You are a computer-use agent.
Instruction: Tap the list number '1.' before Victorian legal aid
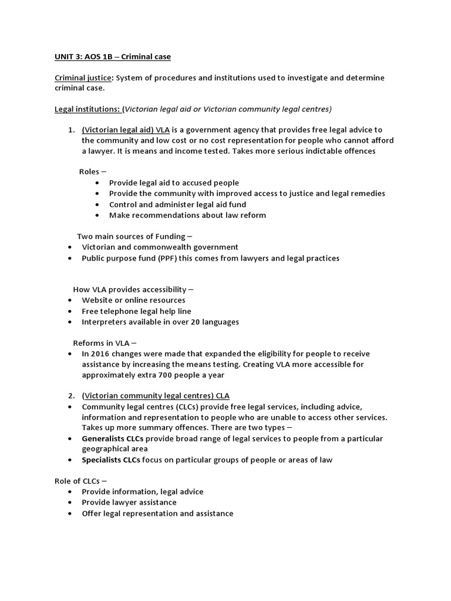tap(72, 130)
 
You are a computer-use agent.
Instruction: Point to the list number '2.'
tap(72, 396)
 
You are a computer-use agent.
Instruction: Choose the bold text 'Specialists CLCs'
tap(111, 460)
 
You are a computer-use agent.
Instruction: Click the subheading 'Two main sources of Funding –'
tap(134, 236)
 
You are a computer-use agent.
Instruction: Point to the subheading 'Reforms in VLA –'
tap(105, 343)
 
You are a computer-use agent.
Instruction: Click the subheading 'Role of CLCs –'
tap(81, 481)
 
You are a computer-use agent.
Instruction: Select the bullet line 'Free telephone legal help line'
tap(136, 311)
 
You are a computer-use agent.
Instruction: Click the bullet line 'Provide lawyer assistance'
tap(129, 502)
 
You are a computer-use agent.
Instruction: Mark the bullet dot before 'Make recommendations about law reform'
tap(96, 215)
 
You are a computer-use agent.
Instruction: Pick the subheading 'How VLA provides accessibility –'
tap(133, 289)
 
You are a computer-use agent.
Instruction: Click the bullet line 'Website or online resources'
tap(133, 300)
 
